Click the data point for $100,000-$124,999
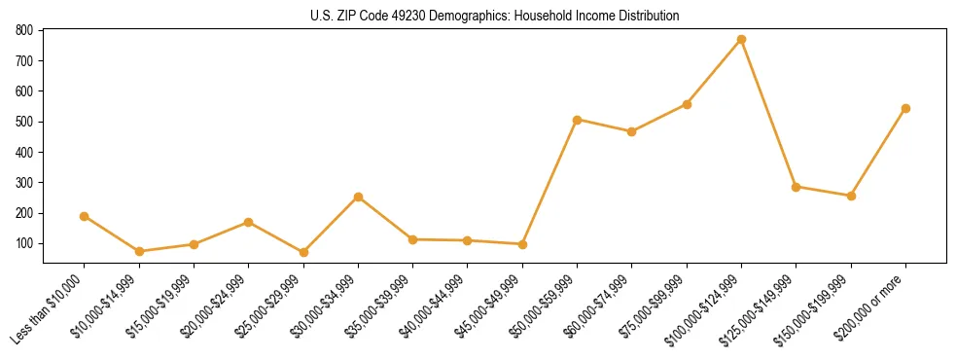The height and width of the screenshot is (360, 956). point(741,39)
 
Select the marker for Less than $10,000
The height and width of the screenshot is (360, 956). point(85,216)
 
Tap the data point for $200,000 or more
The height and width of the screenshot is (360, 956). point(905,108)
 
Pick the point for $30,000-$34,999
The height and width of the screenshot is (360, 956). point(359,197)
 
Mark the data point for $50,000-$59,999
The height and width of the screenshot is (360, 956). point(578,120)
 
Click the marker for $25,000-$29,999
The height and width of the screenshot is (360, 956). point(303,252)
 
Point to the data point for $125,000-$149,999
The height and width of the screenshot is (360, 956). point(797,187)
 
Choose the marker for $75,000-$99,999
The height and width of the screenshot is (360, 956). point(687,104)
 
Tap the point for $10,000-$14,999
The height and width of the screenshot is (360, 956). point(139,251)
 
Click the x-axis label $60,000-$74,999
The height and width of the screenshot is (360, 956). point(601,306)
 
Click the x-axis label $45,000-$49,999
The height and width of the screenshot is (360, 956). point(491,306)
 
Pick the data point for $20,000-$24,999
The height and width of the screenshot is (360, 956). point(249,222)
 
